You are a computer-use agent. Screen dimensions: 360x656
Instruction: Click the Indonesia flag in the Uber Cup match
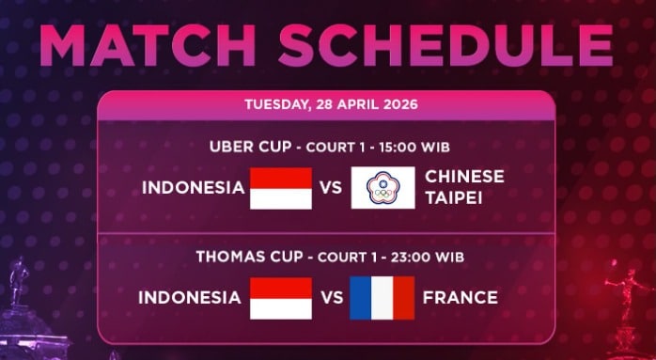click(280, 188)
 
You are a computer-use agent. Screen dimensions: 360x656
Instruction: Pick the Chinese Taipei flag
click(383, 188)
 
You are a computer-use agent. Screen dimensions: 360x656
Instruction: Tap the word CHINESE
click(464, 177)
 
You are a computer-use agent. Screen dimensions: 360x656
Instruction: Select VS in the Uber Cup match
click(331, 188)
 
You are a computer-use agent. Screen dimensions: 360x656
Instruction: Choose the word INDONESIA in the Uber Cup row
click(193, 188)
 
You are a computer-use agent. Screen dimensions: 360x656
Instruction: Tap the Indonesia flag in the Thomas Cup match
click(280, 298)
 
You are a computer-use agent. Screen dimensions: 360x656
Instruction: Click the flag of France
click(382, 298)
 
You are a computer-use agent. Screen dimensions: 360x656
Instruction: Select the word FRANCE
click(461, 298)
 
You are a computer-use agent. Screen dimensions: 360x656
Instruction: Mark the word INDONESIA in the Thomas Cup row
click(190, 298)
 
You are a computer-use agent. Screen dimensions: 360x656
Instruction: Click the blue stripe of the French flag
click(361, 298)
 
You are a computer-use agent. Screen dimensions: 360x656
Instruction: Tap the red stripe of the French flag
click(403, 298)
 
